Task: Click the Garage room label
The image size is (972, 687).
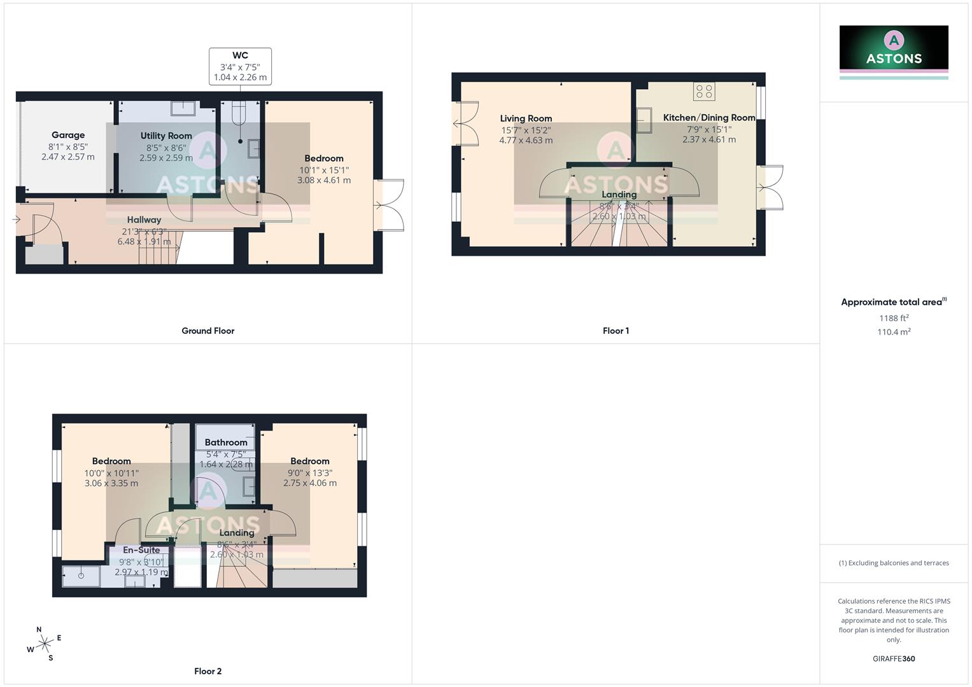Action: pos(68,135)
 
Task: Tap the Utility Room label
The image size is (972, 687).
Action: pos(166,135)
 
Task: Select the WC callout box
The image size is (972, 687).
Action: pos(240,66)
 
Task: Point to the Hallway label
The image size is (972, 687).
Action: pos(144,219)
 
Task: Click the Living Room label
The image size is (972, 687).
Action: pos(526,118)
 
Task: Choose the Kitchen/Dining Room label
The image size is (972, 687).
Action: pos(709,118)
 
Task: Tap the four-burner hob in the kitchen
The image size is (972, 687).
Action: pos(704,92)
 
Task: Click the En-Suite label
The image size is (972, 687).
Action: pos(141,550)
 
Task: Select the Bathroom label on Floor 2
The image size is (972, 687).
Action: pos(226,442)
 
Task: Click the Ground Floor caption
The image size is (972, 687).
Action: pos(208,331)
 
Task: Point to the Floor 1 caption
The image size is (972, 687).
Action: pos(616,331)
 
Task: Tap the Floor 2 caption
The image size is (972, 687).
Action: pos(208,671)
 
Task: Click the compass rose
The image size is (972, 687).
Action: pos(44,644)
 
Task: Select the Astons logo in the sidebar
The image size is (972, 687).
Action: pos(894,48)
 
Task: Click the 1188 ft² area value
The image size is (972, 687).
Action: pos(894,318)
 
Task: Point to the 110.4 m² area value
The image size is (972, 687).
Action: pos(894,332)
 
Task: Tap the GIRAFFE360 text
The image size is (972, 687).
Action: pos(894,659)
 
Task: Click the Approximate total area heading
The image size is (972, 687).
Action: pos(892,302)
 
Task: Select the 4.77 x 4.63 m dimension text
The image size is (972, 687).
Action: pos(526,141)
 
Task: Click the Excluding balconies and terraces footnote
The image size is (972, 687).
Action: pos(894,563)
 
